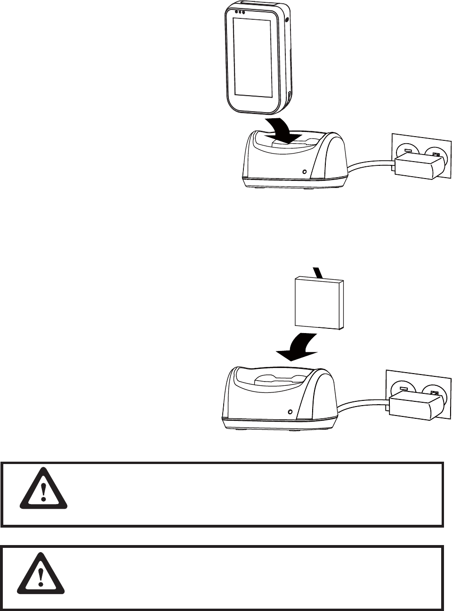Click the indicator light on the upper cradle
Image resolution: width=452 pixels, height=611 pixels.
click(305, 172)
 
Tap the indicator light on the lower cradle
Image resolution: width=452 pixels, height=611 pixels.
click(291, 412)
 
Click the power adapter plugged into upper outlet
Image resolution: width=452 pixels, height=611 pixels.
click(419, 168)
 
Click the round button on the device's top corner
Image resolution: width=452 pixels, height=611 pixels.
click(286, 20)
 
